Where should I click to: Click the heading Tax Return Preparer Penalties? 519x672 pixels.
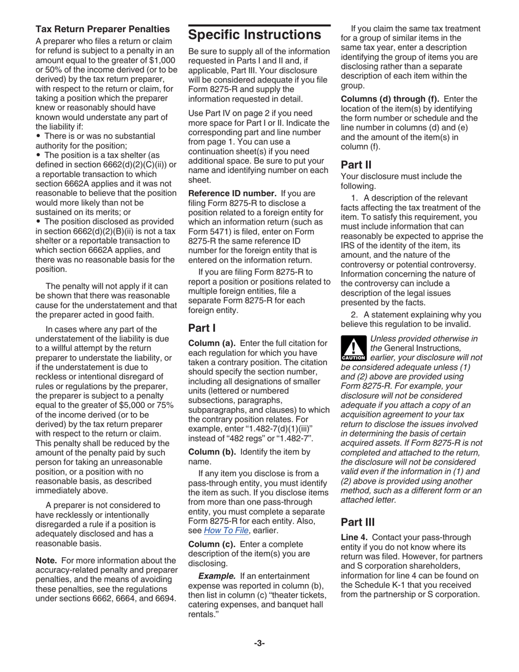coord(102,28)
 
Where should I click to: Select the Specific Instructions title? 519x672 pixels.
coord(254,35)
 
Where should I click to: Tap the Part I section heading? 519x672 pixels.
coord(202,328)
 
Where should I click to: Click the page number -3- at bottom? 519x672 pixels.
coord(259,643)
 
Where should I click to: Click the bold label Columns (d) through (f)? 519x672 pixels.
coord(390,99)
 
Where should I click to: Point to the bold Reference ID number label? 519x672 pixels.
coord(232,193)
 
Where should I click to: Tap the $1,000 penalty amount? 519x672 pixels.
coord(163,61)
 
